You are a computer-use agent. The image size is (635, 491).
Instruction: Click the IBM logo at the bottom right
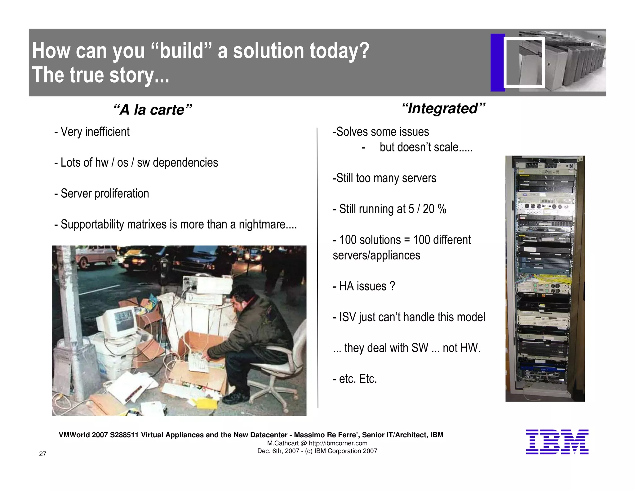[557, 442]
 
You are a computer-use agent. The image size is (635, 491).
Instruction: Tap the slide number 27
[42, 454]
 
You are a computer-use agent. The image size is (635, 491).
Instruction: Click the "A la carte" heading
[153, 110]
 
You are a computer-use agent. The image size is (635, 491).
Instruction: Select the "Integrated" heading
[443, 108]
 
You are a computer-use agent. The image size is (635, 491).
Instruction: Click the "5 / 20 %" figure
[427, 209]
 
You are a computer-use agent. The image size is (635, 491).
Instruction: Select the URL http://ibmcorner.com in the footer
[338, 443]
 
